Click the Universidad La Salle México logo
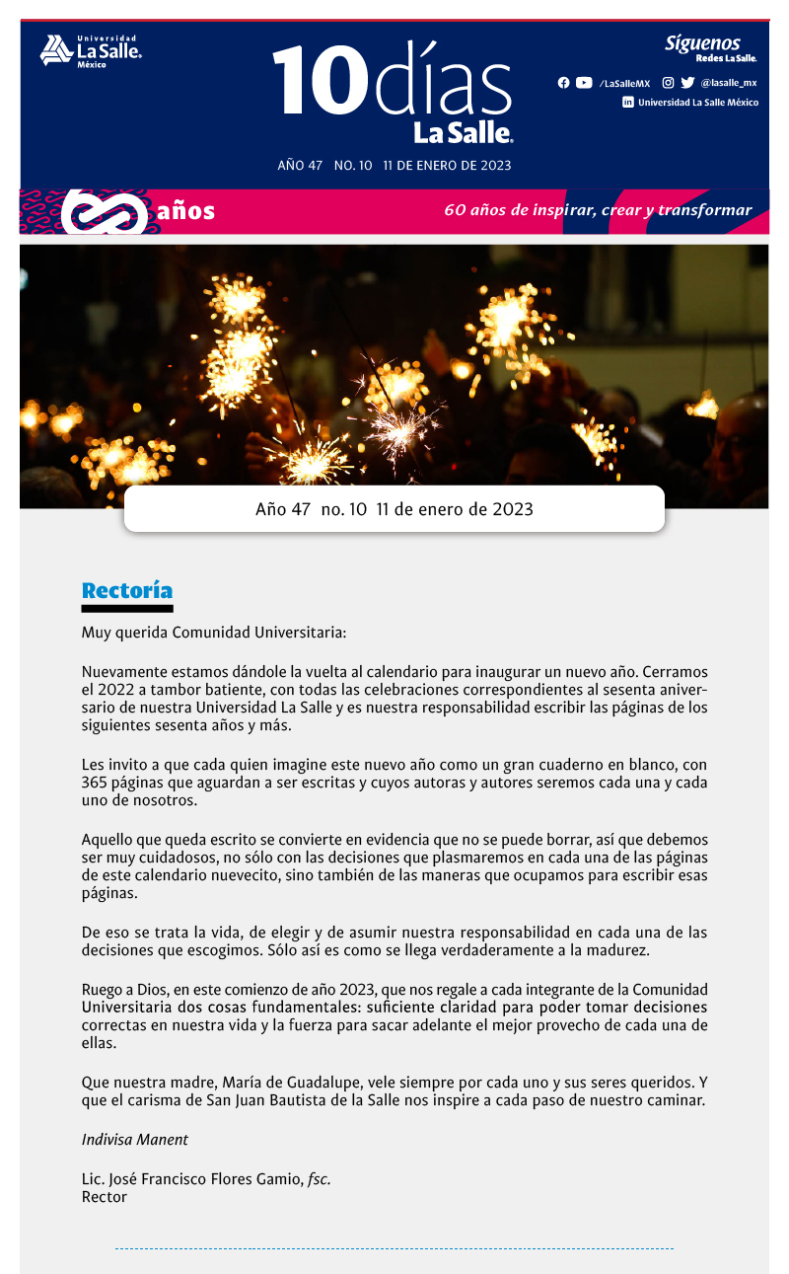pos(91,50)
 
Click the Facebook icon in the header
pos(563,83)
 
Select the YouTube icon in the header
pos(584,83)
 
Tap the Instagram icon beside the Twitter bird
pos(668,83)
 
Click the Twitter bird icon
pos(687,83)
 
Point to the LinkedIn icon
pos(628,102)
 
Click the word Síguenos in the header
pos(701,42)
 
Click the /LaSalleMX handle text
pos(624,84)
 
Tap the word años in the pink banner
pos(185,210)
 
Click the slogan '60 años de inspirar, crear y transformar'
pos(598,210)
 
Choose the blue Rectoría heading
pos(127,590)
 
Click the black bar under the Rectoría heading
pos(127,609)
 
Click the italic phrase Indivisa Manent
pos(134,1139)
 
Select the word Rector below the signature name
pos(104,1197)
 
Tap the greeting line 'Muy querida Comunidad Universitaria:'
pos(214,632)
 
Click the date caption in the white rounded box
pos(394,509)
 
